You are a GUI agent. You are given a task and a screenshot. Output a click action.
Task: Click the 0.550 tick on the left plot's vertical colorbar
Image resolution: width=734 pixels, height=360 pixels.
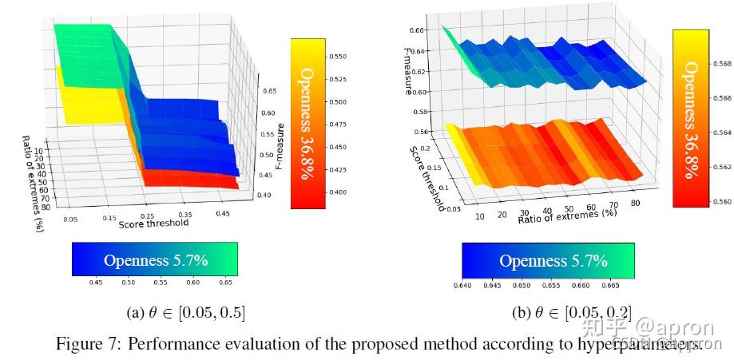click(x=336, y=57)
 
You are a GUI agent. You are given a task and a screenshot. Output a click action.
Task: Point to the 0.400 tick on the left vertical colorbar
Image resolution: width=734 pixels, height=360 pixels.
click(x=336, y=192)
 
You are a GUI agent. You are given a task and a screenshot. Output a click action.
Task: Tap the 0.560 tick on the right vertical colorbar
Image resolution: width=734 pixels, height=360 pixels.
click(x=720, y=202)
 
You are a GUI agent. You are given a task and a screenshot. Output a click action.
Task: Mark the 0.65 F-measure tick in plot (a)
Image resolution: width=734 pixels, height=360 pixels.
click(x=269, y=92)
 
